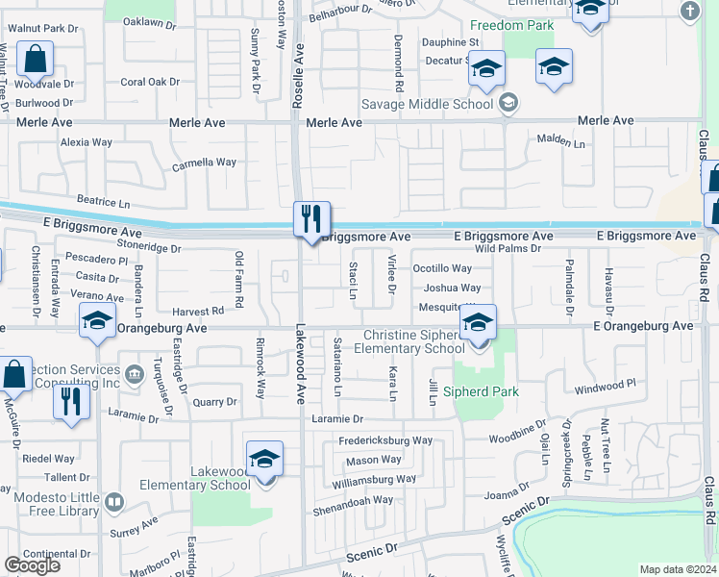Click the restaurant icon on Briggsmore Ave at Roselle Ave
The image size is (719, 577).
tap(311, 219)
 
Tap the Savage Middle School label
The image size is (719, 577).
tap(427, 103)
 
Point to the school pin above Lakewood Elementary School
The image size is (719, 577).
tap(264, 460)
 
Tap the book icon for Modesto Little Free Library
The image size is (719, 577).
tap(114, 501)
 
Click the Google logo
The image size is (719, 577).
tap(33, 565)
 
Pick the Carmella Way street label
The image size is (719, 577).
tap(204, 163)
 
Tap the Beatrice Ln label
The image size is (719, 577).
tap(103, 203)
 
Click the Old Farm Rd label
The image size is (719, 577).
tap(239, 281)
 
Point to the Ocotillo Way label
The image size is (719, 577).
tap(442, 269)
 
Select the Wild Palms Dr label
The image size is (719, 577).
tap(508, 249)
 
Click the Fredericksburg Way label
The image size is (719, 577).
tap(384, 440)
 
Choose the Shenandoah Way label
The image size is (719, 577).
tap(357, 500)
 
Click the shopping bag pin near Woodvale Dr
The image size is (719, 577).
tap(35, 60)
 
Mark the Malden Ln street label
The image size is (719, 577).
tap(560, 142)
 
